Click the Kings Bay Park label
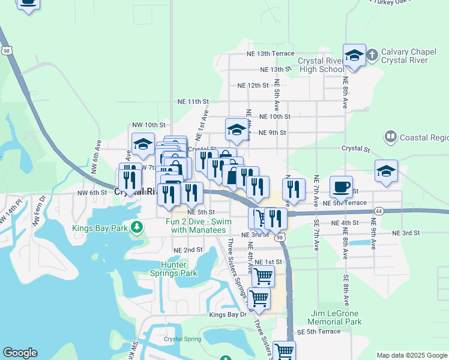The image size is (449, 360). click(x=100, y=228)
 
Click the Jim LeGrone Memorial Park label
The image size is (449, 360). click(x=337, y=317)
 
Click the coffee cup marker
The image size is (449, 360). click(x=341, y=187)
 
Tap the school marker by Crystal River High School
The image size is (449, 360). click(x=355, y=56)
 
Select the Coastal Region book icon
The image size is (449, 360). click(x=391, y=137)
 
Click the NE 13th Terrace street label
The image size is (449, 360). click(x=270, y=53)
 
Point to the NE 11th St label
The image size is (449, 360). click(x=190, y=102)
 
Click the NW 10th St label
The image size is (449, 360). click(x=148, y=125)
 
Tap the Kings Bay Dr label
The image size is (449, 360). click(x=228, y=314)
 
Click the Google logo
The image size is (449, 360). click(x=20, y=353)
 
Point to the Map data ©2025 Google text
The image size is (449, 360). click(x=412, y=355)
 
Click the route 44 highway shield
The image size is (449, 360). click(x=379, y=211)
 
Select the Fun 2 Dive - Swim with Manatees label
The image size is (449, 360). click(x=196, y=225)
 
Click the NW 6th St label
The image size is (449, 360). click(x=91, y=193)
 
